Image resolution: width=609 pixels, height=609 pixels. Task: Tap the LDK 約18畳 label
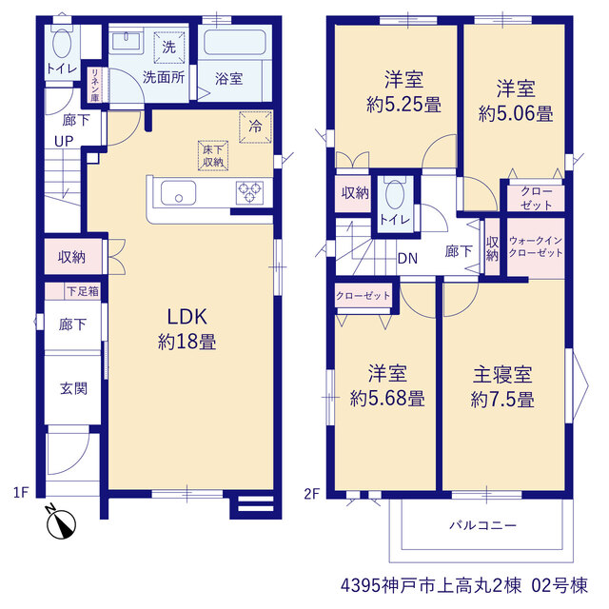tap(187, 329)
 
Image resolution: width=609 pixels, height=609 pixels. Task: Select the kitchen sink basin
tap(178, 192)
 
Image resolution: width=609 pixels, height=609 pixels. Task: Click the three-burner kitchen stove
tap(249, 192)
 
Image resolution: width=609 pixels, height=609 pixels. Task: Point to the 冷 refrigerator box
tap(255, 127)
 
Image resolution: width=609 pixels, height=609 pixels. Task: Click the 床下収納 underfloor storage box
tap(213, 155)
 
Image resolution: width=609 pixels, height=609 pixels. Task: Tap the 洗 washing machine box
tap(169, 48)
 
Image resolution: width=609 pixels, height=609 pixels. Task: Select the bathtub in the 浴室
tap(235, 42)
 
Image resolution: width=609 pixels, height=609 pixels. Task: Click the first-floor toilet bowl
tap(62, 42)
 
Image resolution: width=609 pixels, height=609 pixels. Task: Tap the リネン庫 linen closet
tap(95, 85)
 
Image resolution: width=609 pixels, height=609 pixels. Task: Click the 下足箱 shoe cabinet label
tap(83, 291)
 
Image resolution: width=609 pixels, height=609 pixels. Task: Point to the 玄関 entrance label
tap(73, 388)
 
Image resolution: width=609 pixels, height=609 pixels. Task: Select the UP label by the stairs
tap(64, 142)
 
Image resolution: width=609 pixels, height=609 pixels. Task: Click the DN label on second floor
tap(407, 258)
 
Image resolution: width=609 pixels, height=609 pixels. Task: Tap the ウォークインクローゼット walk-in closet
tap(536, 247)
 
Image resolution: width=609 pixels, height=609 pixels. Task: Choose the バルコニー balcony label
tap(482, 525)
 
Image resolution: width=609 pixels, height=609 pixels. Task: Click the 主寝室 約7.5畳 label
tap(502, 387)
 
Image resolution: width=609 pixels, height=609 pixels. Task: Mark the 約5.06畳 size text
tap(516, 114)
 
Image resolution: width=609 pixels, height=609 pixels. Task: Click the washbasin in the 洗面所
tap(126, 42)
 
